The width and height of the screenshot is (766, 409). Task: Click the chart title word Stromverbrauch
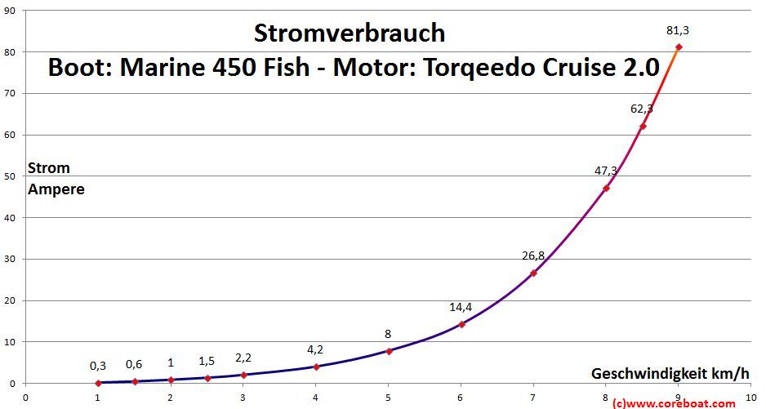(350, 33)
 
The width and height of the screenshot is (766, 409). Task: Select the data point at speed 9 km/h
(679, 47)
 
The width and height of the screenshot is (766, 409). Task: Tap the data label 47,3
(606, 171)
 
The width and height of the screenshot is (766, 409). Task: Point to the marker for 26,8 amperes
(533, 273)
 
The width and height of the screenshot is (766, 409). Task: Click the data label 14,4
(461, 307)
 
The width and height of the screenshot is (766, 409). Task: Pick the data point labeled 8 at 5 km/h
(389, 351)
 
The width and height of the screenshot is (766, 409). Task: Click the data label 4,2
(315, 349)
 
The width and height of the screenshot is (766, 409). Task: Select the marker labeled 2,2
(243, 375)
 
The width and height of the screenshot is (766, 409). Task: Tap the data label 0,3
(98, 365)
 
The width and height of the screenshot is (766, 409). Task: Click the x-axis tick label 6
(461, 398)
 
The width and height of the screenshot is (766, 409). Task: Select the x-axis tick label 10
(750, 398)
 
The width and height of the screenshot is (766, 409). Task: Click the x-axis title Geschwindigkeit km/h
(670, 373)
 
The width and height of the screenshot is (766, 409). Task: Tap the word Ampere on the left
(56, 189)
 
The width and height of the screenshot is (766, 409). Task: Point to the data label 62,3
(642, 108)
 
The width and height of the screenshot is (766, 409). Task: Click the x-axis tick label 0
(25, 398)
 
